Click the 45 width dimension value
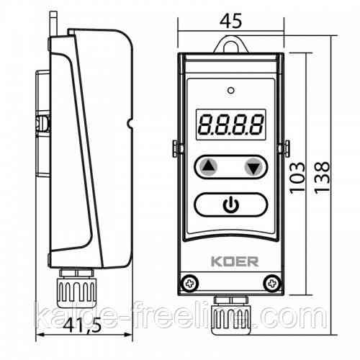point(230,21)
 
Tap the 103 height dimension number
point(297,178)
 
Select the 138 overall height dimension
point(322,178)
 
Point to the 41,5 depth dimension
point(82,325)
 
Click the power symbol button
point(230,204)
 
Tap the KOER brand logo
point(235,261)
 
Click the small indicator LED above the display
point(231,91)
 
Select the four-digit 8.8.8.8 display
point(231,125)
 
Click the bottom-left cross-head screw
point(189,284)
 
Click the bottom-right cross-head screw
point(272,284)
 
